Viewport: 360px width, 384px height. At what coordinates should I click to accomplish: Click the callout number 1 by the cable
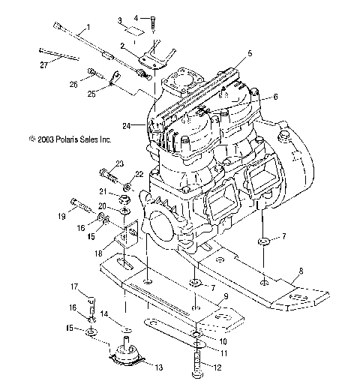click(88, 27)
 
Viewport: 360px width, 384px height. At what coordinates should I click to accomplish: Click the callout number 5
click(250, 53)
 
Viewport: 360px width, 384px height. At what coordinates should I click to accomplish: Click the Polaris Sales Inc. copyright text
click(69, 139)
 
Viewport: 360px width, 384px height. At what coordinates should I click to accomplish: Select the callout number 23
click(120, 163)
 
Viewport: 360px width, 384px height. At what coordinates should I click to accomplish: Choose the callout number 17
click(75, 286)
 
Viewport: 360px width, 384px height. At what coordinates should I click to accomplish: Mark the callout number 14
click(105, 313)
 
